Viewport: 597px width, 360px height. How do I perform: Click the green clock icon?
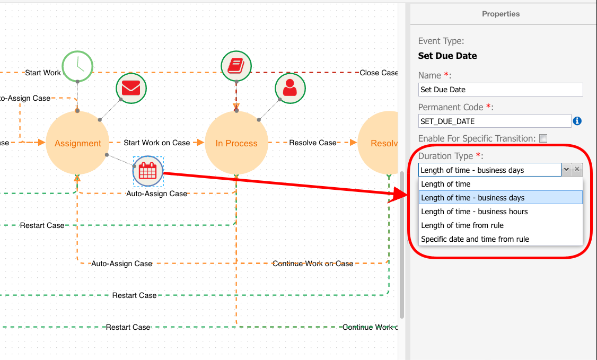(x=77, y=66)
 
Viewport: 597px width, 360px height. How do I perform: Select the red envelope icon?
(x=131, y=89)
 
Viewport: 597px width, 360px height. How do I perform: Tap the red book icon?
(x=236, y=66)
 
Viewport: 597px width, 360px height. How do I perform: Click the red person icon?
(x=290, y=89)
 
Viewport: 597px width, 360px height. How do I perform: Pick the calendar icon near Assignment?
(x=148, y=171)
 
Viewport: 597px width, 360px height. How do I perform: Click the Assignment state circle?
(x=77, y=143)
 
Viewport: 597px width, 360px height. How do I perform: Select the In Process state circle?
(x=236, y=143)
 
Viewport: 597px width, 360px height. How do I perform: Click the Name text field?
(x=501, y=90)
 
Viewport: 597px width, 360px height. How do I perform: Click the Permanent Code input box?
(x=495, y=121)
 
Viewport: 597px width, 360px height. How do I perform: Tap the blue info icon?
(x=577, y=121)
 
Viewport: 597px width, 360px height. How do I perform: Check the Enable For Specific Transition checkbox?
(x=543, y=138)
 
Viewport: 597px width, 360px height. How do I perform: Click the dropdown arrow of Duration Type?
(x=567, y=170)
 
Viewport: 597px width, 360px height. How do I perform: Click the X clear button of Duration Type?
(x=577, y=170)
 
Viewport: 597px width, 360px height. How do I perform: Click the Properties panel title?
(x=501, y=14)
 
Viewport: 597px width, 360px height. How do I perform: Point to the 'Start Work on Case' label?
(x=157, y=143)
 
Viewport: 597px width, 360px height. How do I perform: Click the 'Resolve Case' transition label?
(x=313, y=143)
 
